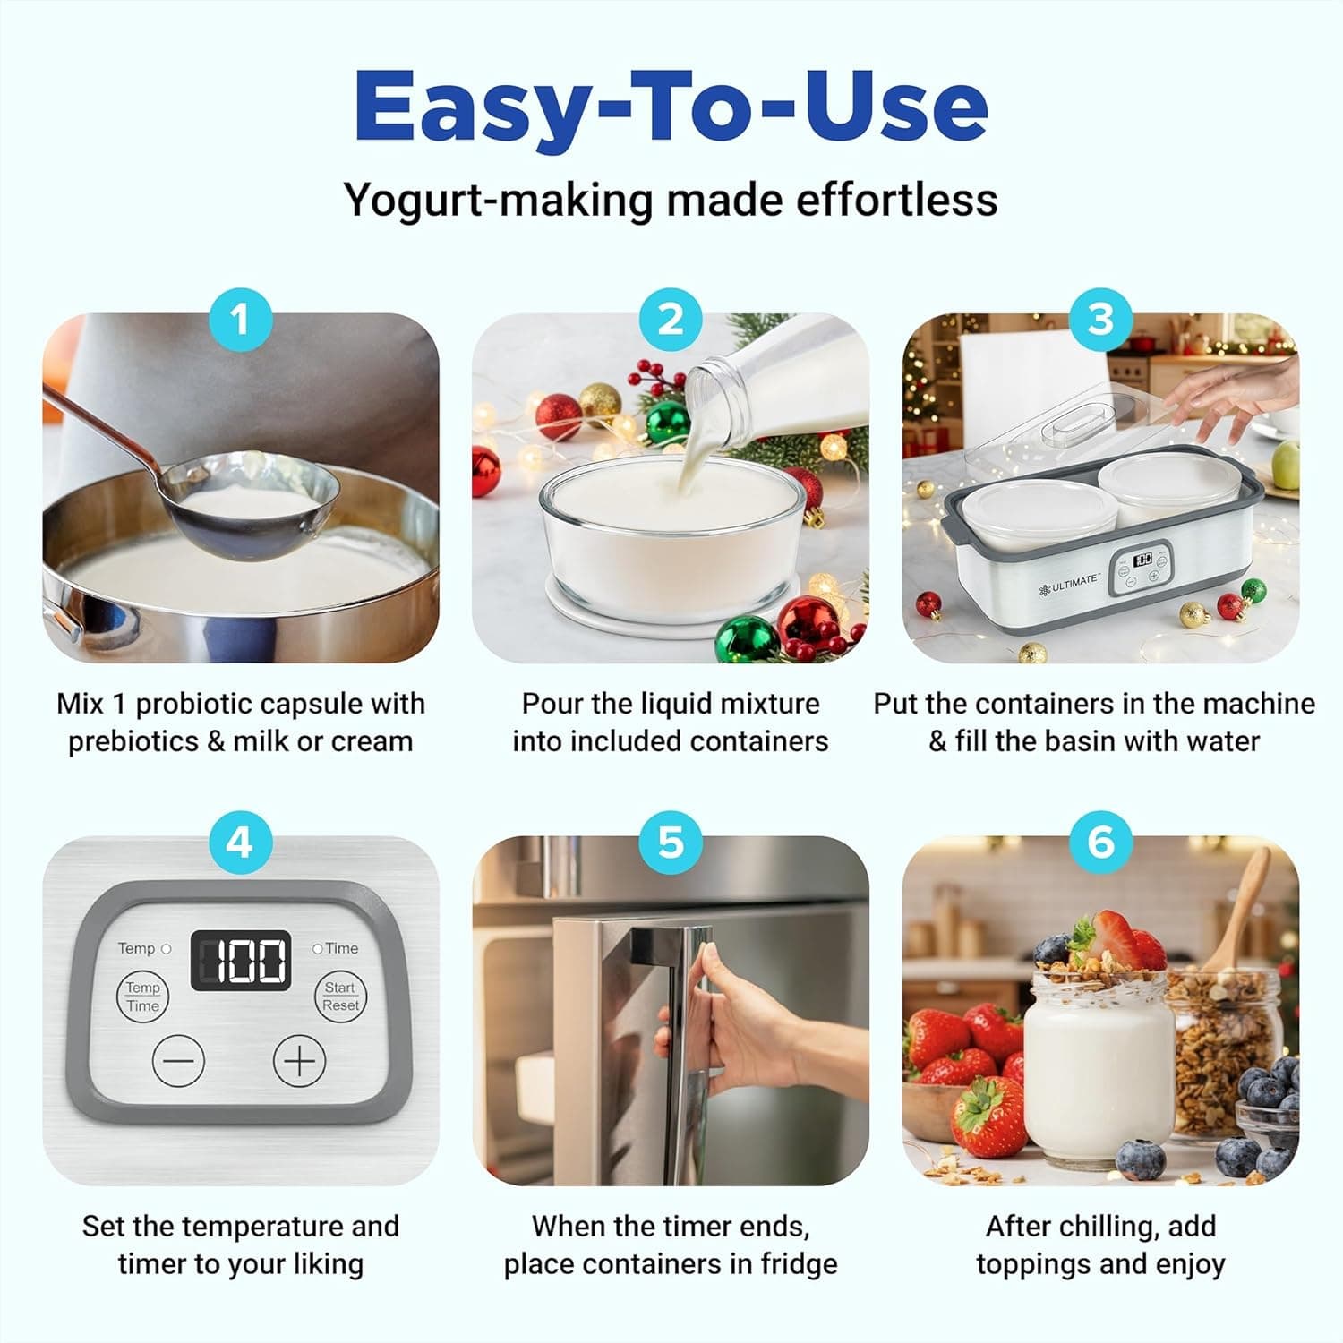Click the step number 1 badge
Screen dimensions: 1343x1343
coord(240,320)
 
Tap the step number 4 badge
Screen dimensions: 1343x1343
coord(240,843)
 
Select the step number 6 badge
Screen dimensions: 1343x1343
coord(1100,843)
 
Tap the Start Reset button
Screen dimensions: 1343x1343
coord(340,997)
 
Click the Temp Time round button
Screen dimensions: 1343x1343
coord(142,997)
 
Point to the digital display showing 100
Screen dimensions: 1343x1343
coord(241,961)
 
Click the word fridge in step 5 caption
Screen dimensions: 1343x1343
coord(799,1263)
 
